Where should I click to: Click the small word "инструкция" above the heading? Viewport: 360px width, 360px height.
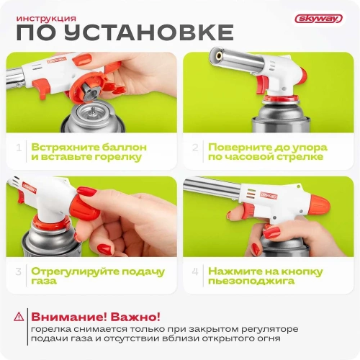48,17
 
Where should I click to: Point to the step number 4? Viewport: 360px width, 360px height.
195,272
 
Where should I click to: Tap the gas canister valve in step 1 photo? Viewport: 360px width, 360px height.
91,116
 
